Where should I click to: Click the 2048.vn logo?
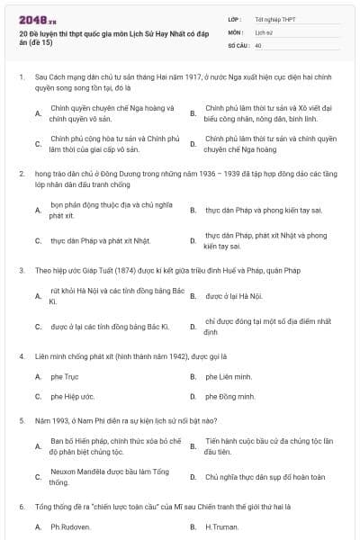pos(36,19)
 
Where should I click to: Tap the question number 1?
pos(20,78)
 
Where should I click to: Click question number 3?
pos(20,269)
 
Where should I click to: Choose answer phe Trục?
pos(66,377)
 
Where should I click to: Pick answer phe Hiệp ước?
pos(72,396)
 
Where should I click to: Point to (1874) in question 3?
pos(112,269)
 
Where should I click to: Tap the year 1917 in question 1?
pos(158,78)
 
